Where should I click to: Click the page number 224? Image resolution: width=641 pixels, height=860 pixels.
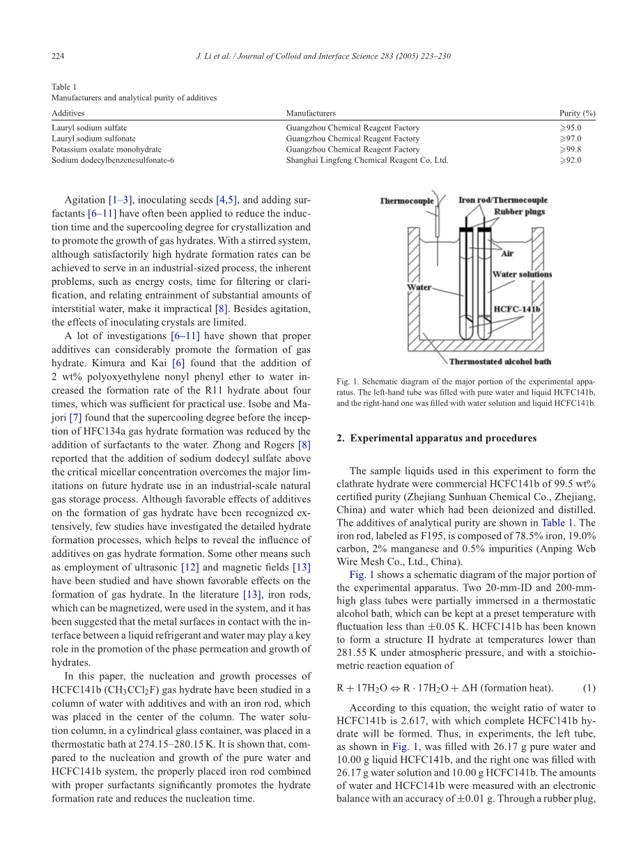58,56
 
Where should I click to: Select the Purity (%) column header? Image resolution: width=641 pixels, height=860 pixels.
577,113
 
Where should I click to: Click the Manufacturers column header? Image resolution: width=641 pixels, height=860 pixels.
310,113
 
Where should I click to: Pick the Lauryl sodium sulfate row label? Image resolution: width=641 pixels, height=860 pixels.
89,128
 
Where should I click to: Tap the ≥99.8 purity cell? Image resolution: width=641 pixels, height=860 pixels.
570,149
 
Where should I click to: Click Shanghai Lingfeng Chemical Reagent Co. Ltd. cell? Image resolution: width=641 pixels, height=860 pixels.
366,160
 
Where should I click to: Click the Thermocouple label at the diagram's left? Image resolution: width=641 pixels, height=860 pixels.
407,201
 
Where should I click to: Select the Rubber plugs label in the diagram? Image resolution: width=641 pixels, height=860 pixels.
520,212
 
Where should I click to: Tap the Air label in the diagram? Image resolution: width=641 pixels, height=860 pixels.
507,254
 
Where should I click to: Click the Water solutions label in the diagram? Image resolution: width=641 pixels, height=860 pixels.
522,274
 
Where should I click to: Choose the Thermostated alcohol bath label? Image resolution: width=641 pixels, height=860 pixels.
500,361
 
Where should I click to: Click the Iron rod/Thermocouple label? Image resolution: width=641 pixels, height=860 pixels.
502,201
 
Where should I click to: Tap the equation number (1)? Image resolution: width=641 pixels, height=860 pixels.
589,689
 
